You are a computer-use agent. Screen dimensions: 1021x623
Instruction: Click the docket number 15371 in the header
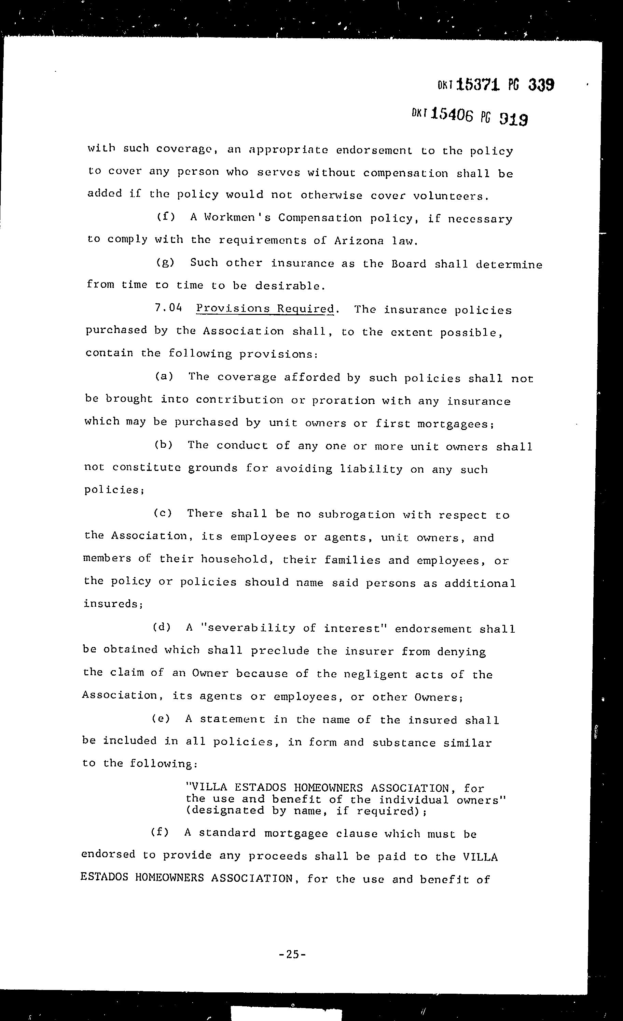coord(480,85)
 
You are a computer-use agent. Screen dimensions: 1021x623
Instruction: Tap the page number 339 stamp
coord(541,85)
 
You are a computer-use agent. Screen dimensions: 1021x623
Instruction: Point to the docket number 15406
coord(452,114)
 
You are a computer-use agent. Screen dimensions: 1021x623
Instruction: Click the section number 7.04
coord(168,308)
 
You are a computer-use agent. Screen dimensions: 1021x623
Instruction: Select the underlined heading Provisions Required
coord(265,309)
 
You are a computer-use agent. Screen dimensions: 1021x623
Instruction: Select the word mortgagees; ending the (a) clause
coord(455,424)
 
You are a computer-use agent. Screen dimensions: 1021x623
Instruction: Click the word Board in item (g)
coord(409,264)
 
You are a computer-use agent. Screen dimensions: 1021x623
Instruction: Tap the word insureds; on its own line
coord(114,603)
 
